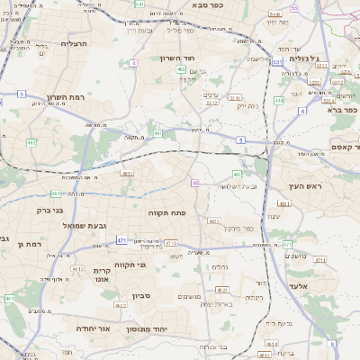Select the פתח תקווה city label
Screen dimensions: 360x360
tap(166, 212)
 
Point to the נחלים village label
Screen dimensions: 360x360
tap(220, 266)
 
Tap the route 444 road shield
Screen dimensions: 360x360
tap(279, 101)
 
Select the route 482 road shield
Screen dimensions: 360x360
tap(31, 142)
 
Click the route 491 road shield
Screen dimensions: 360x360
tap(158, 133)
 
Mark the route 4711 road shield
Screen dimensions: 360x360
tap(171, 243)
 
